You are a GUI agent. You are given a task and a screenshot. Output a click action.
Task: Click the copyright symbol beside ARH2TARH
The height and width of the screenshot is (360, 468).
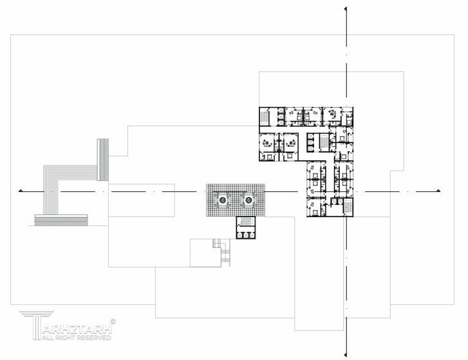coord(113,319)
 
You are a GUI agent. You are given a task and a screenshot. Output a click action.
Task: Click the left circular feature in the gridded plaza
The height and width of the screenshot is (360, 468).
coord(222,200)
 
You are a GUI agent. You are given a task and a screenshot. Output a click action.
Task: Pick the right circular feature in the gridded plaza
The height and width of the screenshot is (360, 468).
coord(248,200)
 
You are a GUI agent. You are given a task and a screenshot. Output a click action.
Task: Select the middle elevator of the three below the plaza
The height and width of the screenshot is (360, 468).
coord(246,235)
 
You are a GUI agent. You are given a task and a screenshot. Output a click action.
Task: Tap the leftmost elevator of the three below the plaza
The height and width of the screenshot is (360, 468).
coord(240,235)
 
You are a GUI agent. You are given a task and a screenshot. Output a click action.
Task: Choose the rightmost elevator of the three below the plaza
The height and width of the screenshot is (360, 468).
coord(252,235)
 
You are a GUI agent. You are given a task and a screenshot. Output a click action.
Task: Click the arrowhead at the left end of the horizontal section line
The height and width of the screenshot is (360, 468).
coord(21,191)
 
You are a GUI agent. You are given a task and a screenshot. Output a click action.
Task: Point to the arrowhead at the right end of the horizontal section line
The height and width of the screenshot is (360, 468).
coord(438,191)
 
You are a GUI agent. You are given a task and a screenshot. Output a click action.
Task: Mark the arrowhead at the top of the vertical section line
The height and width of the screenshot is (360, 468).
coord(346,9)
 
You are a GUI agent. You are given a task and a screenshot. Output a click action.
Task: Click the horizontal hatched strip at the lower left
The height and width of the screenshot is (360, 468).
coord(61,220)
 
